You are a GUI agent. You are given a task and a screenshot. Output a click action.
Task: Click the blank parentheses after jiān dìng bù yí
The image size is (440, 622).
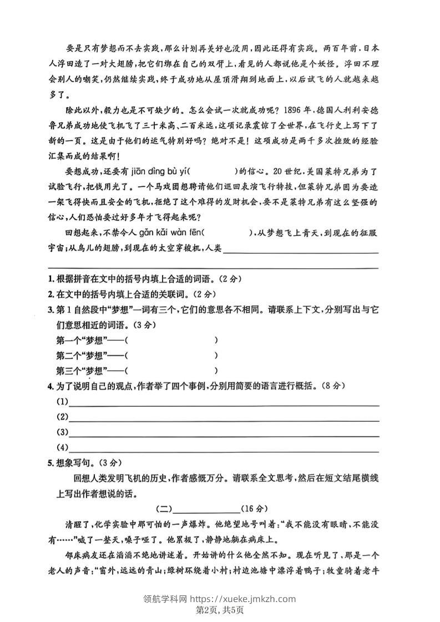pos(216,170)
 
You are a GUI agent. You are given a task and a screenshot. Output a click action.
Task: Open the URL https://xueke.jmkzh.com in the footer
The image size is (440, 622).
pos(244,599)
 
